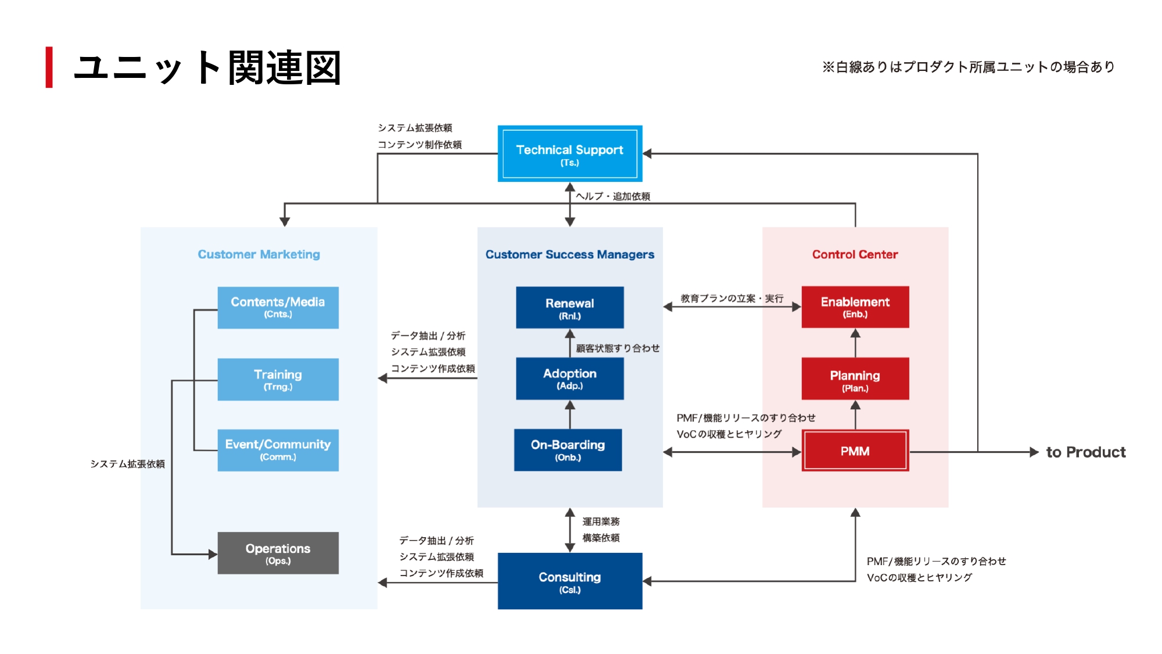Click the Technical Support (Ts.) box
click(569, 154)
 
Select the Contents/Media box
click(278, 308)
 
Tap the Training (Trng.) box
click(278, 379)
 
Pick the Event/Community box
click(278, 450)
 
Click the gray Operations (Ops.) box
click(278, 553)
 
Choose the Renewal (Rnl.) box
click(569, 308)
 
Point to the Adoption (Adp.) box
click(569, 378)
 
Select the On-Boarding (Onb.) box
click(568, 450)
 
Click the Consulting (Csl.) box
click(569, 581)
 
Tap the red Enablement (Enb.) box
click(855, 307)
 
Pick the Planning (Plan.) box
click(855, 378)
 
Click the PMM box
click(855, 451)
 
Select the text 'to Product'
click(1085, 452)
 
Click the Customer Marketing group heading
click(259, 254)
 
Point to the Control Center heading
click(855, 254)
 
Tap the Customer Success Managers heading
click(569, 254)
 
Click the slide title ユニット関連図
click(207, 67)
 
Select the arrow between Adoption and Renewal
click(570, 343)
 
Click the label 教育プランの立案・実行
click(731, 298)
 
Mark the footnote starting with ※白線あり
click(968, 67)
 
